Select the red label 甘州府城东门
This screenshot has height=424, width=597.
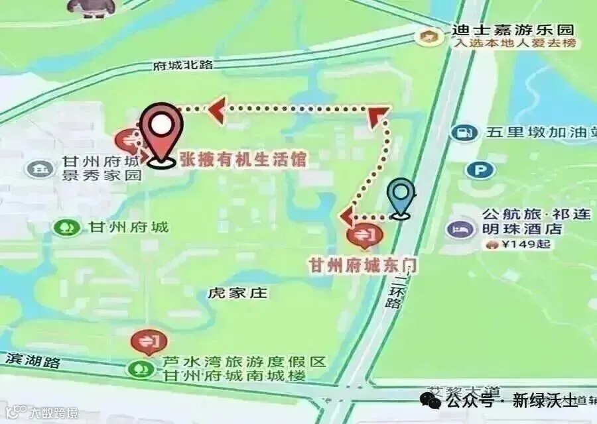pos(363,265)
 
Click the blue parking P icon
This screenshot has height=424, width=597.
pos(476,170)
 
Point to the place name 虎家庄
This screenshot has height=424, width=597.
pos(237,293)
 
